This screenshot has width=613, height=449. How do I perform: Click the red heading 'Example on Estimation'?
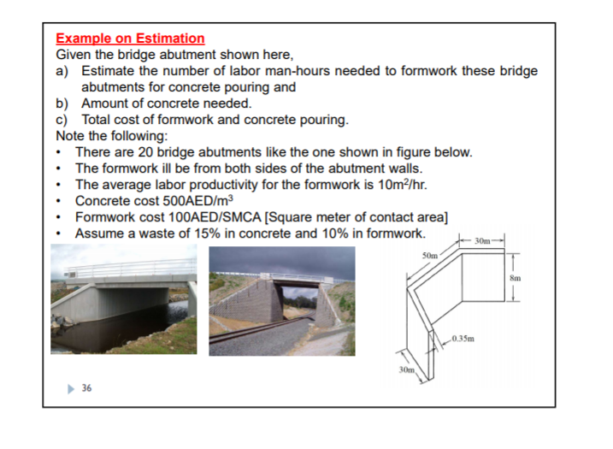130,38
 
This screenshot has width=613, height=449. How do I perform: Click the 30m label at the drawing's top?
484,239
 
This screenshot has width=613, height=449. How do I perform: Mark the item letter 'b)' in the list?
62,103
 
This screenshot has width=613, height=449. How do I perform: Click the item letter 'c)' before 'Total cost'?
62,120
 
